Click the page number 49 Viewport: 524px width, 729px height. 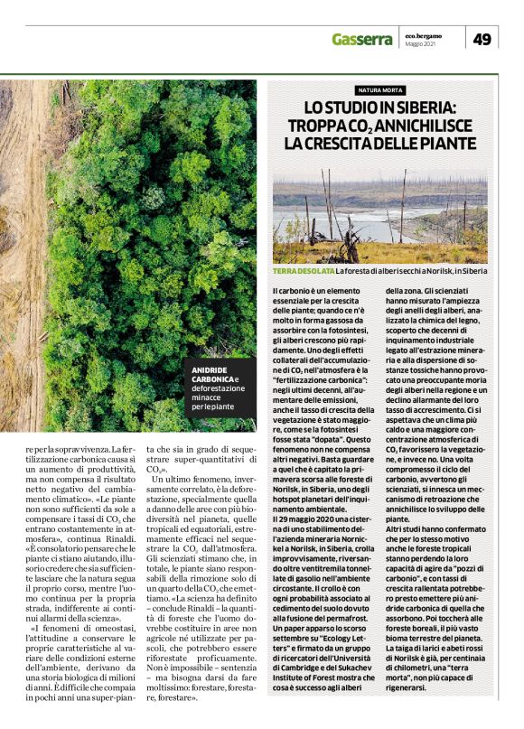482,39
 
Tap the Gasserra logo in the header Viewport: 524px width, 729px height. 362,40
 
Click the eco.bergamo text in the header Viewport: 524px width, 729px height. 424,34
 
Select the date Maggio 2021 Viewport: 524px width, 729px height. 421,44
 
